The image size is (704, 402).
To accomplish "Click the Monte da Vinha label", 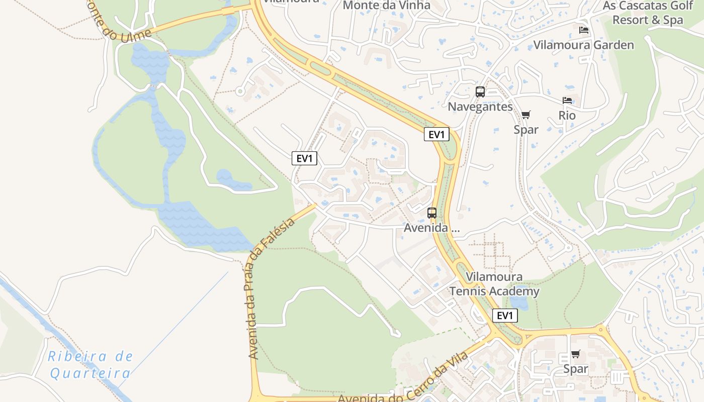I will coord(386,6).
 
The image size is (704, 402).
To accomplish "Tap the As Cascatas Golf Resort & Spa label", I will coord(648,13).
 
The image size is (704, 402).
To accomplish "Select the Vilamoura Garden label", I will coord(583,45).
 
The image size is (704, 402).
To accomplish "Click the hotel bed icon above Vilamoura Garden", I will coord(584,30).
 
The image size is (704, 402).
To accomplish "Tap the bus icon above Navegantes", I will coord(480,92).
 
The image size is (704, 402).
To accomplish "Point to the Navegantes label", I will coord(480,107).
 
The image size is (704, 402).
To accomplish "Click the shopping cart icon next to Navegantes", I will coord(526,115).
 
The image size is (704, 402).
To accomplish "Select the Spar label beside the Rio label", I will coord(526,130).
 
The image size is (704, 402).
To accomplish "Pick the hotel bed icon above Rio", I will coord(567,100).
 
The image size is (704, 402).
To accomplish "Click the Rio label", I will coord(567,116).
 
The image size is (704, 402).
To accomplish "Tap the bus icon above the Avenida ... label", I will coord(432,213).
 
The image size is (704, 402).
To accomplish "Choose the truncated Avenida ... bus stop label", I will coord(432,228).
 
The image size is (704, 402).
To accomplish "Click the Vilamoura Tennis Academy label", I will coord(494,284).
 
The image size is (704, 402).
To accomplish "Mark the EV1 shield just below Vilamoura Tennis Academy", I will coord(504,316).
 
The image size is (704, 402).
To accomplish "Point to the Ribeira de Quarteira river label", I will coord(91,365).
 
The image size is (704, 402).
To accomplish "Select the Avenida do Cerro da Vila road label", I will coord(402,379).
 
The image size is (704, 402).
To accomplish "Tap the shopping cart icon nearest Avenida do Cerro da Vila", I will coord(576,354).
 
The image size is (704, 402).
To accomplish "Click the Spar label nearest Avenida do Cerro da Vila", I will coord(576,369).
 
